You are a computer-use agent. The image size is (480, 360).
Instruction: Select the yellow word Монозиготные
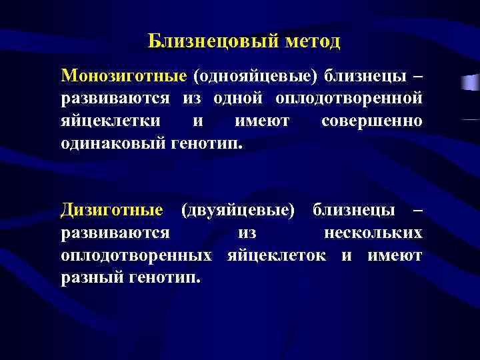123,76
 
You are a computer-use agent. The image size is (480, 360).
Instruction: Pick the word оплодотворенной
349,99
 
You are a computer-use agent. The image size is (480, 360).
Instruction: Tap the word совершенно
371,122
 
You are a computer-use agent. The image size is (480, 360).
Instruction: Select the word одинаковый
110,144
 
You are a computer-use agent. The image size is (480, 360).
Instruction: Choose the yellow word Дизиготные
112,211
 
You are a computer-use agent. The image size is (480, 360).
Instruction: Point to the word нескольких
373,233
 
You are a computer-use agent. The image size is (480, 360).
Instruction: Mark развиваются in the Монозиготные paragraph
115,99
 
